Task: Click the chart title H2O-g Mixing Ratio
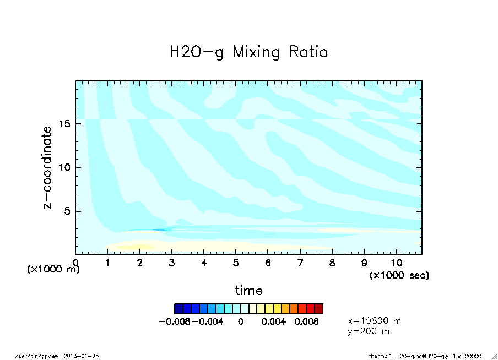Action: tap(248, 52)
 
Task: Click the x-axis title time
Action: tap(248, 290)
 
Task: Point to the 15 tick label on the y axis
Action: tap(64, 124)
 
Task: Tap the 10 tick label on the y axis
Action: tap(64, 167)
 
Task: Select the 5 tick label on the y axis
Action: tap(67, 211)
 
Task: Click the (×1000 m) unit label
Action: tap(53, 270)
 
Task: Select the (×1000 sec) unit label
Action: tap(399, 275)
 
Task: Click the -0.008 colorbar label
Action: tap(175, 321)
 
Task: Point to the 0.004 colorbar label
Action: tap(274, 321)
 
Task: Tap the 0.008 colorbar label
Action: tap(306, 321)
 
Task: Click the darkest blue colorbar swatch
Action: tap(178, 308)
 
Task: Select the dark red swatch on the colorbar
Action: tap(318, 308)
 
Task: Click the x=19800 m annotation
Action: tap(375, 320)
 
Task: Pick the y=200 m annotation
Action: tap(369, 331)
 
